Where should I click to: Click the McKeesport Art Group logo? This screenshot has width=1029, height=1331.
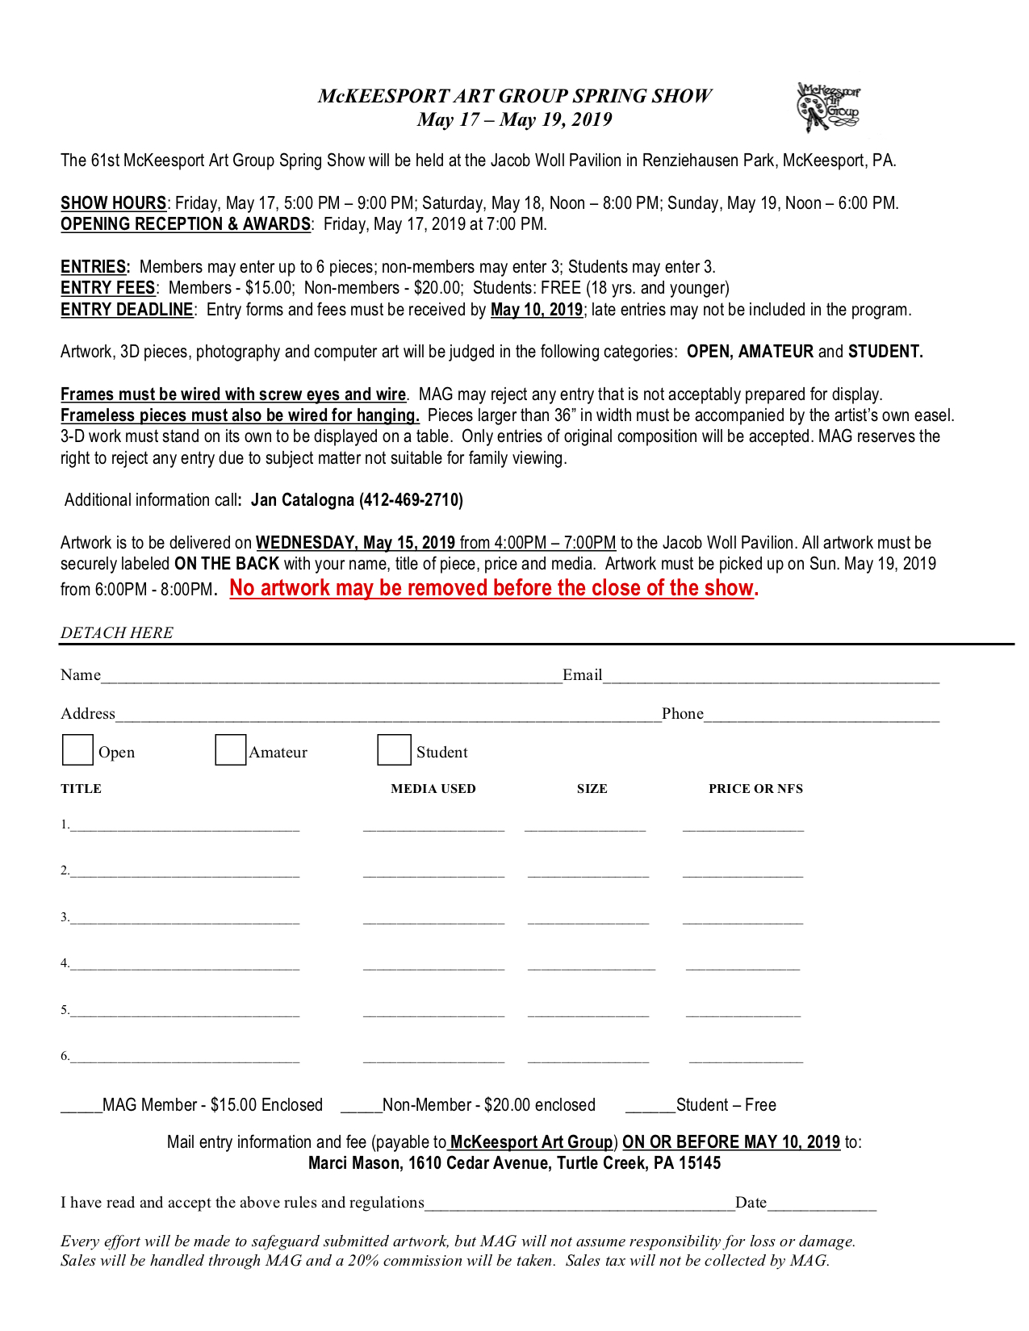[x=828, y=107]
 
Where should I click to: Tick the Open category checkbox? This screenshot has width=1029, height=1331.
[x=77, y=749]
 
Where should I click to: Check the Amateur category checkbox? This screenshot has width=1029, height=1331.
[x=230, y=749]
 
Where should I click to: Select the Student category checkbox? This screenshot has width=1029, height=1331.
[x=394, y=749]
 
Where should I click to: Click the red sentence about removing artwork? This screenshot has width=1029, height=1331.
[x=493, y=588]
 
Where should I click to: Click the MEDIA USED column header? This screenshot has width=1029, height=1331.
[x=433, y=789]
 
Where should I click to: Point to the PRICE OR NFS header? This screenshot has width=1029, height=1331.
[x=755, y=789]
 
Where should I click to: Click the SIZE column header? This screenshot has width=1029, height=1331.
[x=592, y=789]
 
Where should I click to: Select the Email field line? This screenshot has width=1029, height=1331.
[x=771, y=678]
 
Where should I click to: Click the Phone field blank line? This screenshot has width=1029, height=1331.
[x=822, y=716]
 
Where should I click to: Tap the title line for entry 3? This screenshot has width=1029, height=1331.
[x=185, y=920]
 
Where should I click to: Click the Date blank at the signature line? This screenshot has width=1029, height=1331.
[x=822, y=1205]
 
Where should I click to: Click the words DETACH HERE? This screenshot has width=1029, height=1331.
[x=117, y=633]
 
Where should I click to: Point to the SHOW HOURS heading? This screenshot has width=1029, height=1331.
[x=114, y=203]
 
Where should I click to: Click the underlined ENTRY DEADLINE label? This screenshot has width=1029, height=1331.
[x=127, y=310]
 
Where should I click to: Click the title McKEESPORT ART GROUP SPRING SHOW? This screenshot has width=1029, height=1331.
[x=515, y=96]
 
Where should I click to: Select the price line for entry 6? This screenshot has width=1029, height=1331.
[x=746, y=1059]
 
